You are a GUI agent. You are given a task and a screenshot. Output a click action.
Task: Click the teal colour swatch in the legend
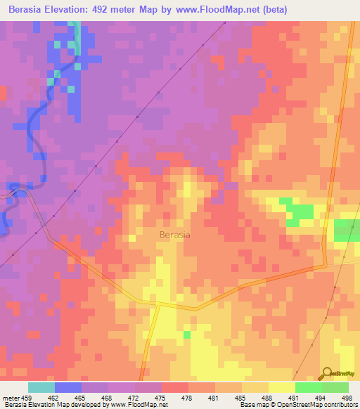point(41,387)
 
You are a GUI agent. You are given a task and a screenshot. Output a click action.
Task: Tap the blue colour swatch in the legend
point(68,387)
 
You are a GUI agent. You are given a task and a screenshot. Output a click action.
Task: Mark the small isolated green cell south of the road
point(187,335)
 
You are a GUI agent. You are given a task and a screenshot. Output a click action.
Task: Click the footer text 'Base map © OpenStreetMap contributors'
point(297,405)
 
